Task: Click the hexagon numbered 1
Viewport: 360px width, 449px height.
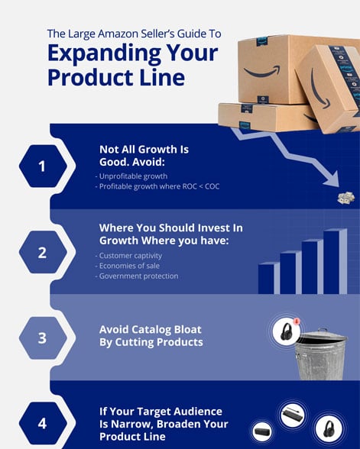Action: (42, 165)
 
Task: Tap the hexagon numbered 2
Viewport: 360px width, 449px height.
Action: (42, 252)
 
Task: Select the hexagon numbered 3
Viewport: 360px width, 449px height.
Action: (42, 337)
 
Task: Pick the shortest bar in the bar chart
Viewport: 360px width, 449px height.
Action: (267, 278)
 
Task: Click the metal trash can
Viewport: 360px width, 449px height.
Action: (320, 355)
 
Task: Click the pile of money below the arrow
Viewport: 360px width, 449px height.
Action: (345, 199)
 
